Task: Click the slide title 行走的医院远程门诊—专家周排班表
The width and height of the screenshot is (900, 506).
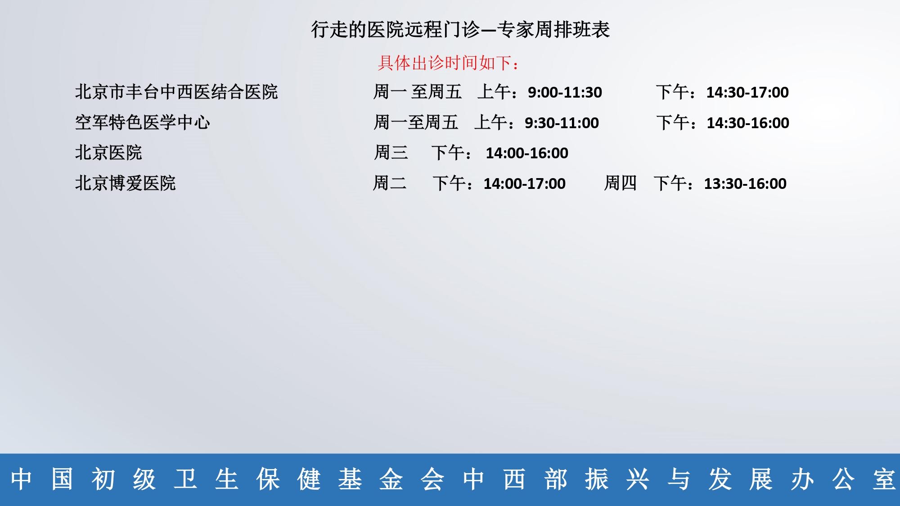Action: point(460,30)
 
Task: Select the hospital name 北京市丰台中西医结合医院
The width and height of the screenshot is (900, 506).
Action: point(176,92)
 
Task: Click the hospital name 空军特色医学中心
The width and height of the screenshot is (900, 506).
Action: point(142,122)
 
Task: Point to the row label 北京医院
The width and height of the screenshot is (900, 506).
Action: point(108,153)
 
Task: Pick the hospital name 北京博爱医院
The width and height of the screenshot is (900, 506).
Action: point(125,183)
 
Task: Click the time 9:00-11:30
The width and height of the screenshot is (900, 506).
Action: point(565,93)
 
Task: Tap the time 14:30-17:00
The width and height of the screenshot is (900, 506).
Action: point(747,93)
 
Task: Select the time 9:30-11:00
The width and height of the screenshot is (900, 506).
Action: point(562,123)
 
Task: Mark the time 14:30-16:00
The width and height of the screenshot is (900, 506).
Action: point(748,123)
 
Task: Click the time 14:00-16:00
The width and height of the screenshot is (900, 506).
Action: point(527,153)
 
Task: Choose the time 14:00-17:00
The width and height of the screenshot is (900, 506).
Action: point(524,184)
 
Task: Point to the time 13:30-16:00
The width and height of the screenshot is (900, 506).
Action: point(745,184)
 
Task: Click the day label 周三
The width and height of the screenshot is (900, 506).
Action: point(391,153)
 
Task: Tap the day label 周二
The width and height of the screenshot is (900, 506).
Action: point(390,183)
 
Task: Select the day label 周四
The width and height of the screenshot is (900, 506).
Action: point(621,183)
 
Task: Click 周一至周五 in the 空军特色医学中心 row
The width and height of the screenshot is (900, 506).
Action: point(416,122)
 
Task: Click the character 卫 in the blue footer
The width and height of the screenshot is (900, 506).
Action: point(185,479)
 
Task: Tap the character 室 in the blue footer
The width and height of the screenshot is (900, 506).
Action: point(884,479)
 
